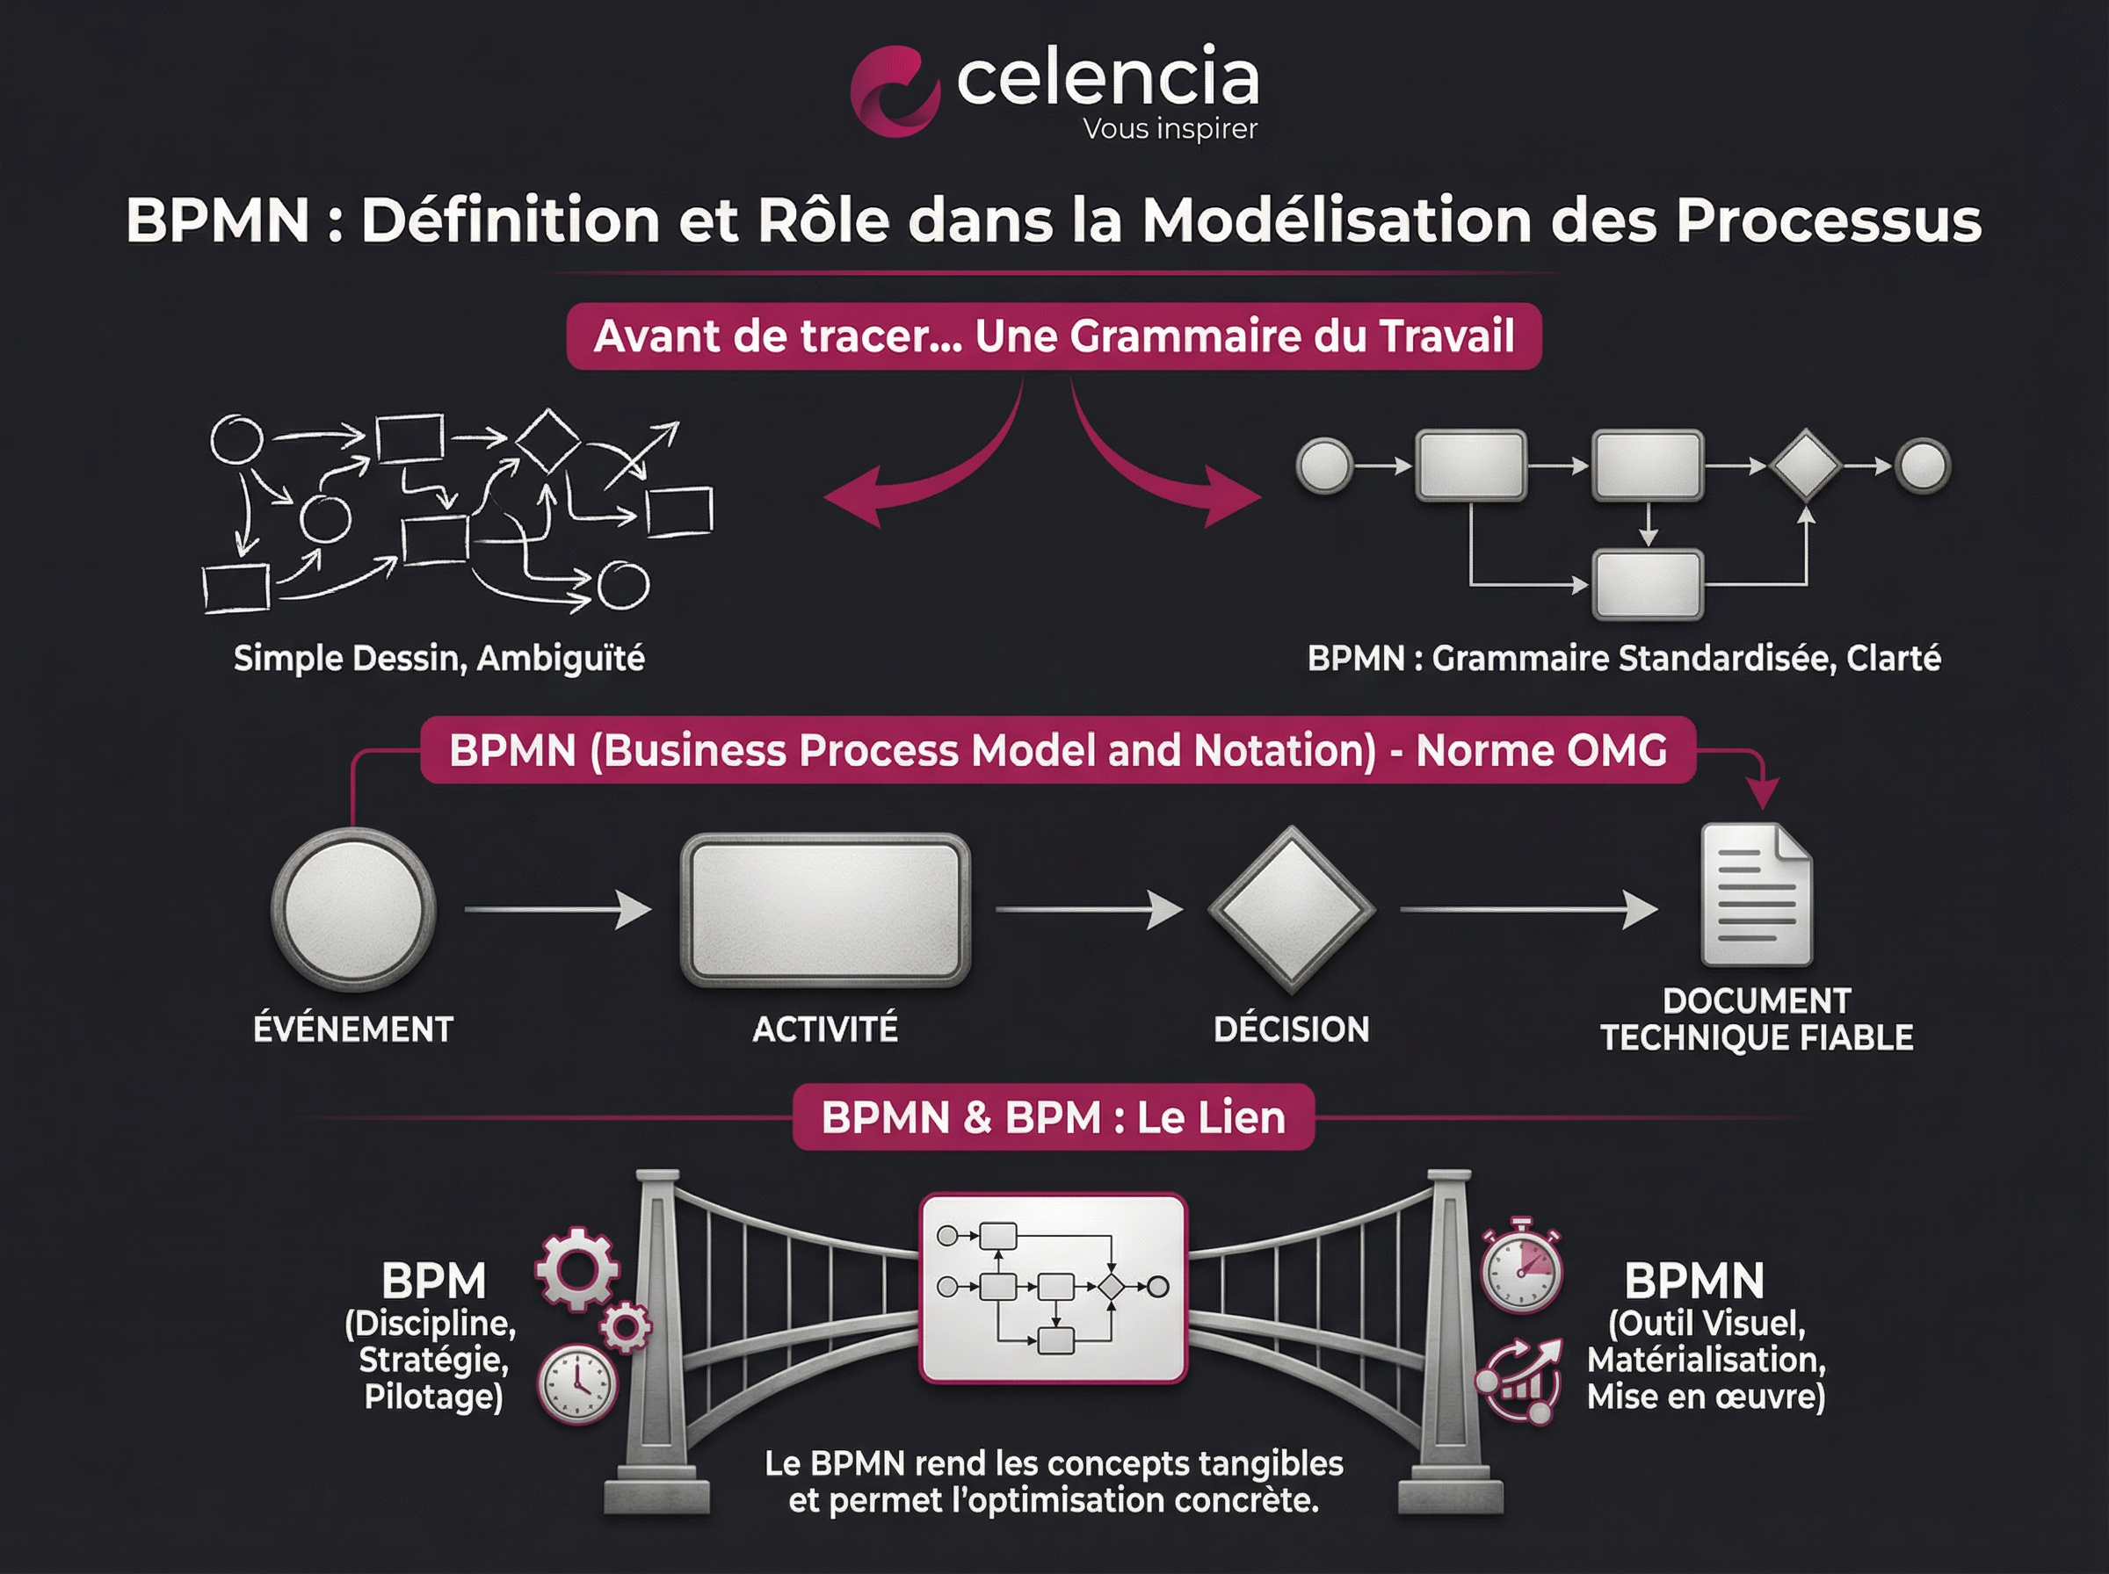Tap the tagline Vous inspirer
1170,128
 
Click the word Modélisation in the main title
1338,220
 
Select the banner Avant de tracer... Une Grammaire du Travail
1053,336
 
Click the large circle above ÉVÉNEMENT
353,909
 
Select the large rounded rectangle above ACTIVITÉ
825,910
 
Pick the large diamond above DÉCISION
1291,909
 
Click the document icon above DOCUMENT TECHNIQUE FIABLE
1757,895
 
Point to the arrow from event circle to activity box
557,910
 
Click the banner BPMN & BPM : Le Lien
1053,1117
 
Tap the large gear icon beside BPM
577,1269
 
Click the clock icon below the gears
577,1383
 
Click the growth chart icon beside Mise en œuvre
1520,1381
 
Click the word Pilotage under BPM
433,1397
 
